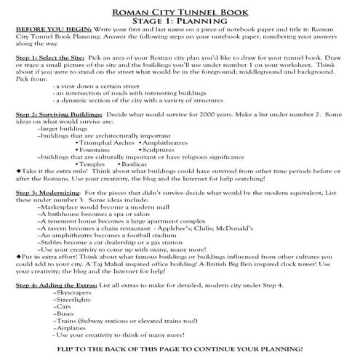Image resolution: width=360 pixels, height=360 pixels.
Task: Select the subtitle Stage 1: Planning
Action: (180, 21)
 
